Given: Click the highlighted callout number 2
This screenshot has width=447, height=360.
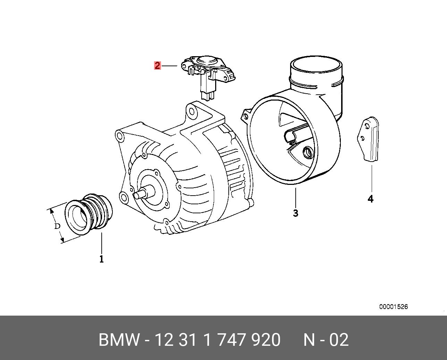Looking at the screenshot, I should coord(157,65).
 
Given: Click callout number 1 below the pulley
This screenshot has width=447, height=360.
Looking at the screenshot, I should coord(101,259).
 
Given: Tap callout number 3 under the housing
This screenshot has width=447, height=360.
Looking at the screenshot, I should coord(295,213).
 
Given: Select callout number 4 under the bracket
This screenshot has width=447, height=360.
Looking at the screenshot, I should coord(371,199).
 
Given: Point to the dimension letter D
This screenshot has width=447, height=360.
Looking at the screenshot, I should coord(57,226).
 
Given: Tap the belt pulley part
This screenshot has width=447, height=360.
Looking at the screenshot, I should coord(89,215).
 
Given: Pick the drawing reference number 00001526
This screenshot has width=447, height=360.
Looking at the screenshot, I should coord(393,307).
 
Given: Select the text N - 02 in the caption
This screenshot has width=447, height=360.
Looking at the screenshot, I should coord(326,340).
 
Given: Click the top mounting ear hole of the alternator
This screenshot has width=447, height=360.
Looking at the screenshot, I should coord(191,111).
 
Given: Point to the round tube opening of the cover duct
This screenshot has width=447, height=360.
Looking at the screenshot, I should coord(316,66).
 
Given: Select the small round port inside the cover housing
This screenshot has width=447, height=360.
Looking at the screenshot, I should coord(308,152).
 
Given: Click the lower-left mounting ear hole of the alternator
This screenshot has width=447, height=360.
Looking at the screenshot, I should coord(123,198).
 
